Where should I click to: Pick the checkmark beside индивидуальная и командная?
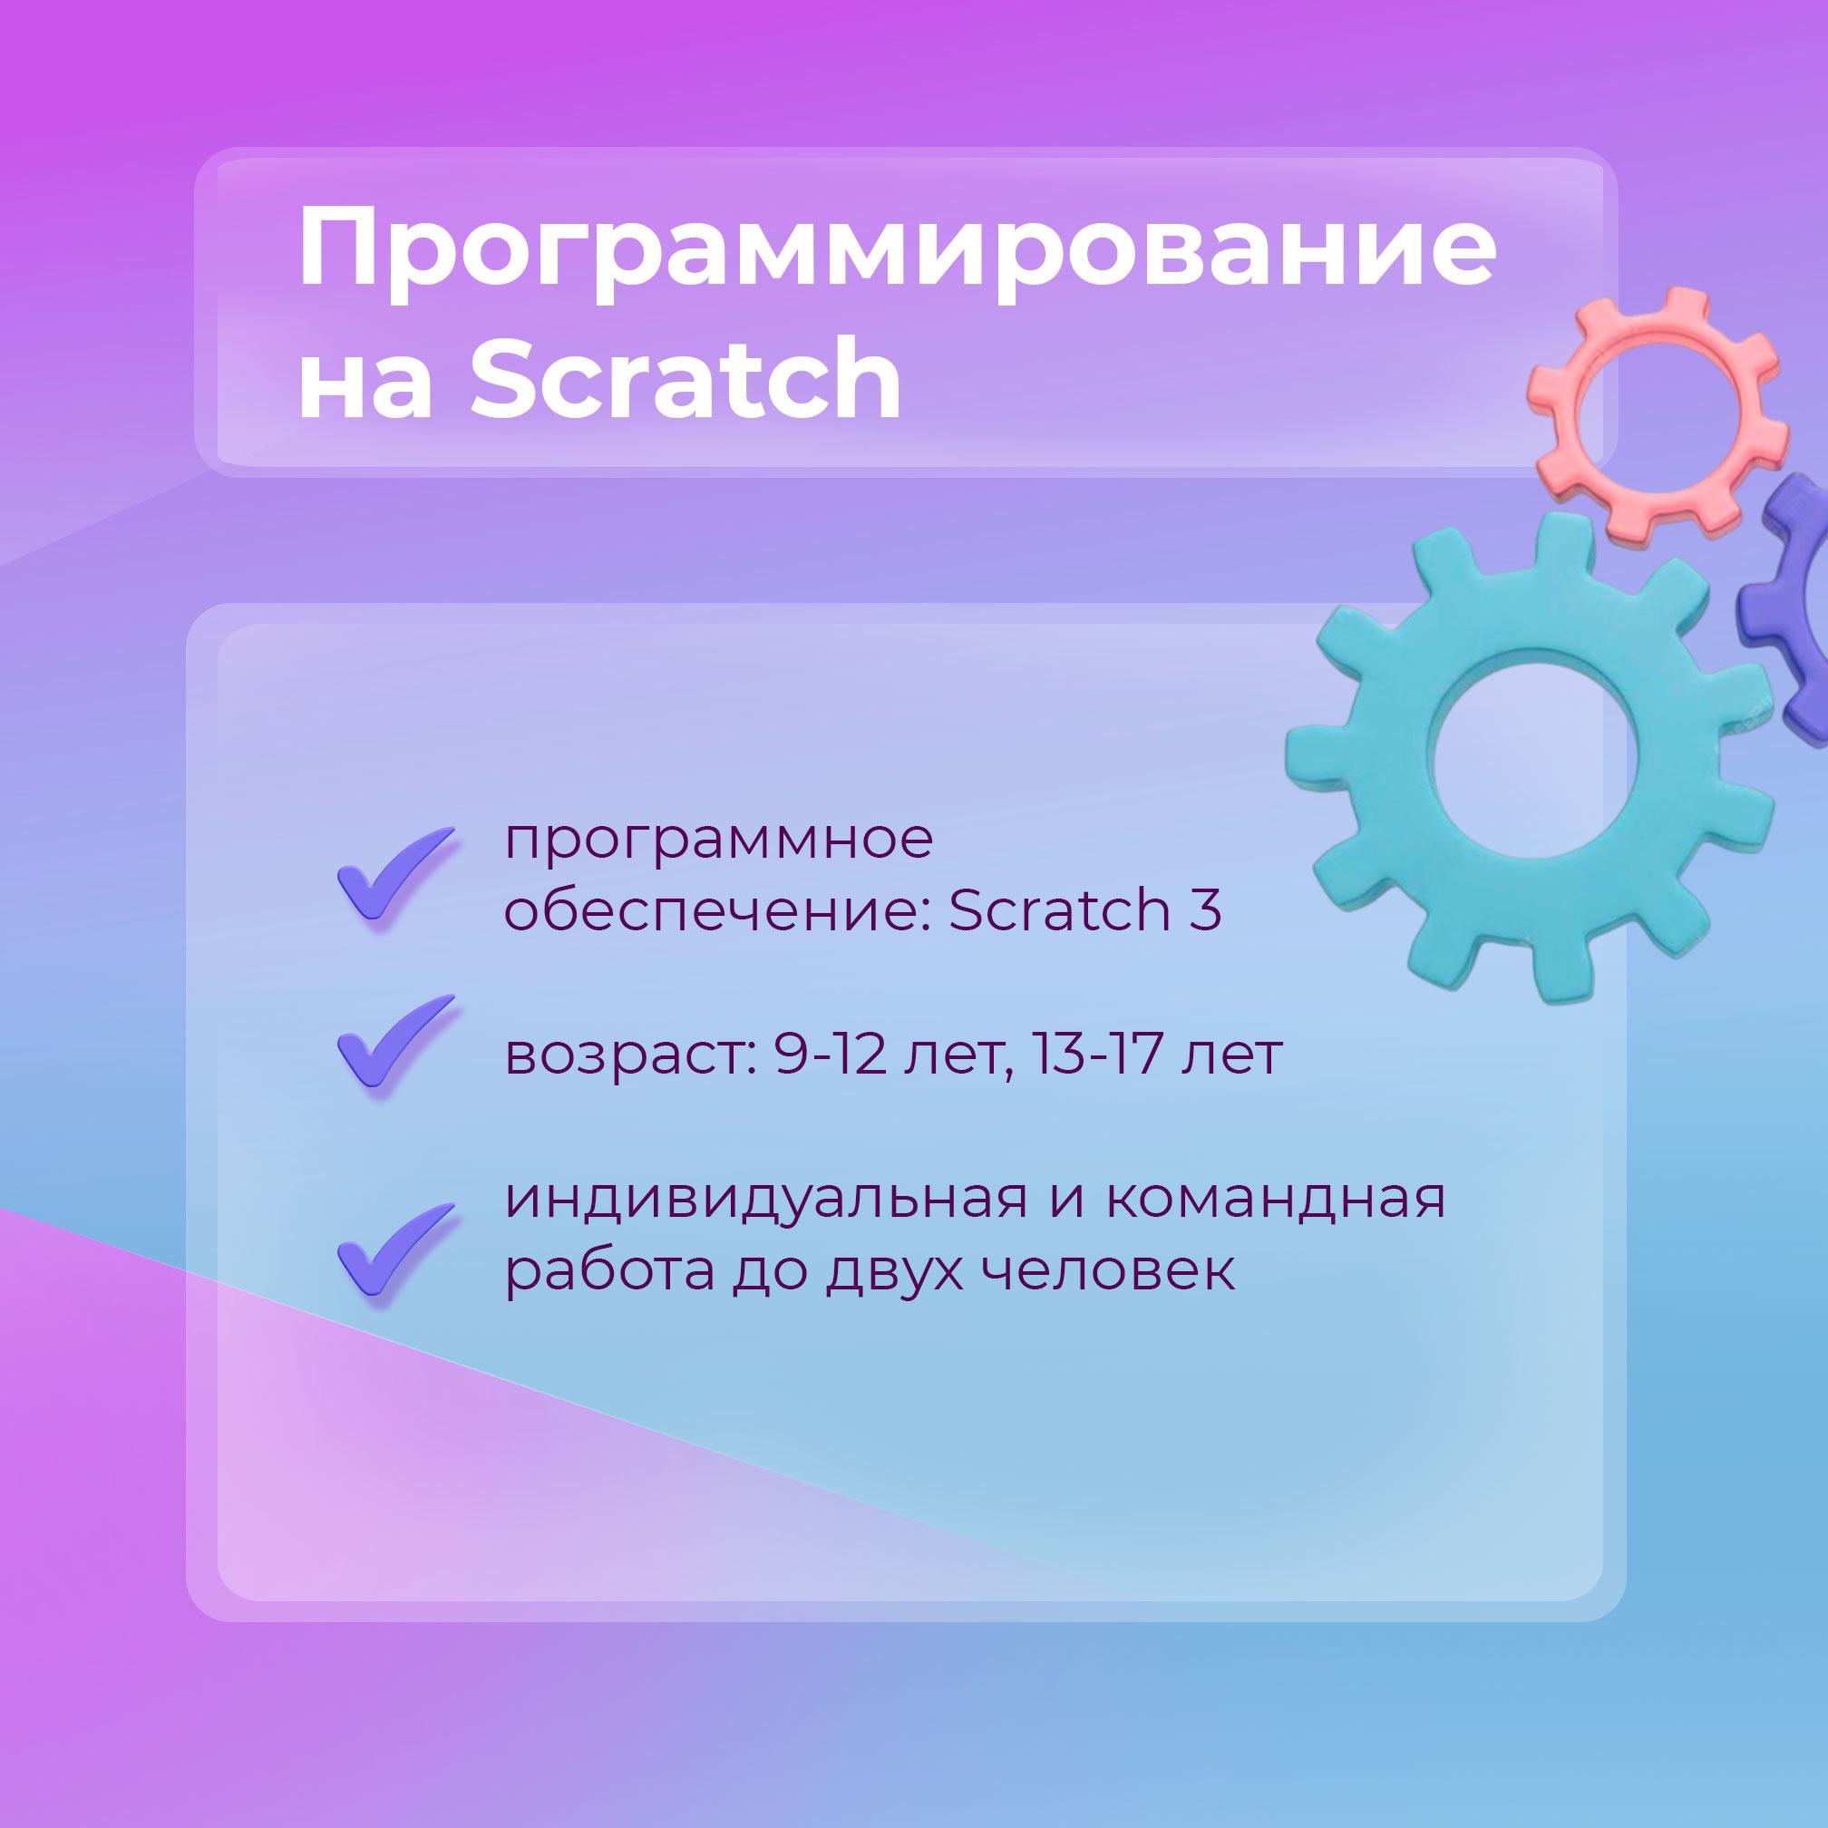394,1249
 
